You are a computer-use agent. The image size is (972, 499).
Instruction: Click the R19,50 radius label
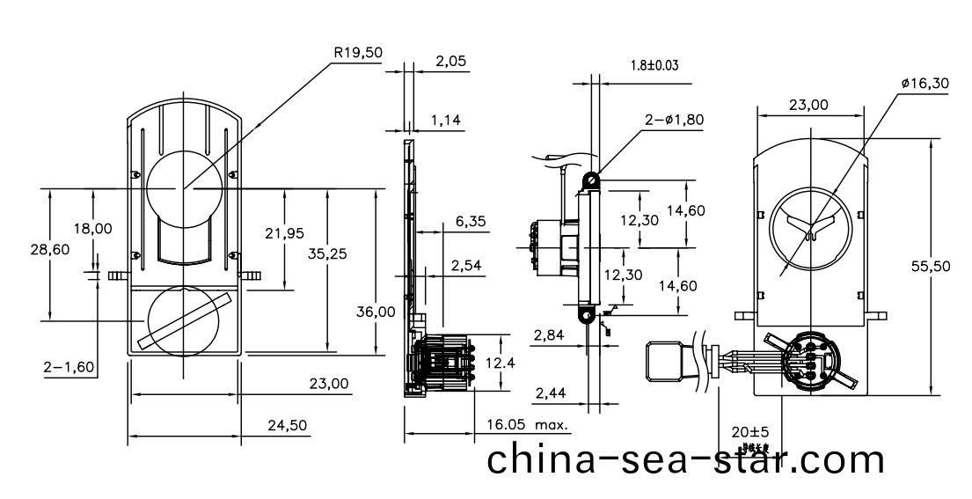click(357, 53)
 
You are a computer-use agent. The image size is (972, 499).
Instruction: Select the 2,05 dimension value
click(451, 62)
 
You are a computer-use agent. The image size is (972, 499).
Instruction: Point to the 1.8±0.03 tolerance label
click(654, 65)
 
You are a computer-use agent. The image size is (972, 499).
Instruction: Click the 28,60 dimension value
click(49, 250)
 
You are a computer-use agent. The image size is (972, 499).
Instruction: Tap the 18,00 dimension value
click(92, 228)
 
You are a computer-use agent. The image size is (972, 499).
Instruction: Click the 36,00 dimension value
click(376, 312)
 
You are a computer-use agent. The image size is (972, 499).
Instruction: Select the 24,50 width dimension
click(287, 425)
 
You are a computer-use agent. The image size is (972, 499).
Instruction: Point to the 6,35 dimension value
click(471, 223)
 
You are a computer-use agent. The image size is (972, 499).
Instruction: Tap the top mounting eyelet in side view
click(594, 181)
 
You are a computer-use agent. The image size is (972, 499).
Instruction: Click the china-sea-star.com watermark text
click(686, 459)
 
